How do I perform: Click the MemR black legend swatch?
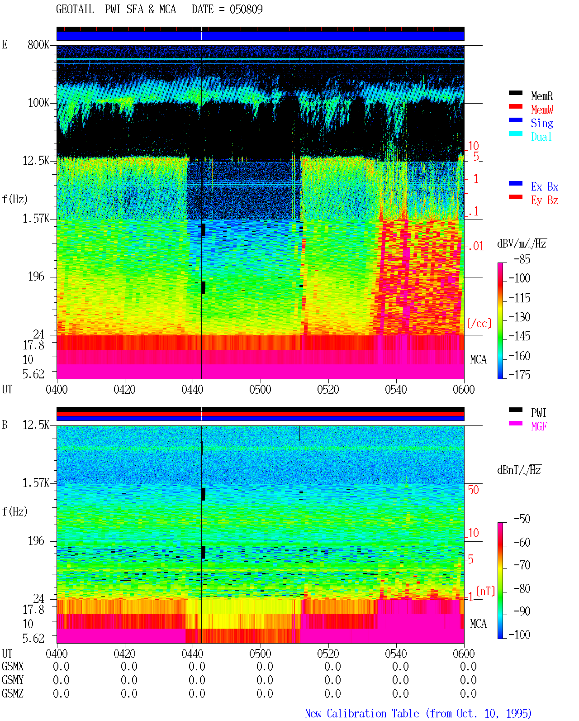[515, 93]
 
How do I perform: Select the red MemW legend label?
[542, 110]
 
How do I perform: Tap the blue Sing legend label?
[542, 123]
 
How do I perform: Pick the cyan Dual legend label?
[541, 137]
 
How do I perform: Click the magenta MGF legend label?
[539, 426]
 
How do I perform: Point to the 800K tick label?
[38, 44]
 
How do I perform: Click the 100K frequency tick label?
[38, 103]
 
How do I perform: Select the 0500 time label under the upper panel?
[260, 389]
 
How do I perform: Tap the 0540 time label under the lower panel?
[396, 653]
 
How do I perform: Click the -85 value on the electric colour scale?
[522, 259]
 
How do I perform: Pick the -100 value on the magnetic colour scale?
[519, 635]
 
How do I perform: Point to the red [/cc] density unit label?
[479, 323]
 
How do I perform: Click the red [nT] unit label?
[485, 591]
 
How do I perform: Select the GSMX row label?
[13, 666]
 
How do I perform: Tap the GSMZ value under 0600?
[468, 693]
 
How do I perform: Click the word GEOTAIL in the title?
[75, 9]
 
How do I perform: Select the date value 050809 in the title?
[246, 9]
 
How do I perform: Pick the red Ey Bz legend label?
[545, 200]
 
